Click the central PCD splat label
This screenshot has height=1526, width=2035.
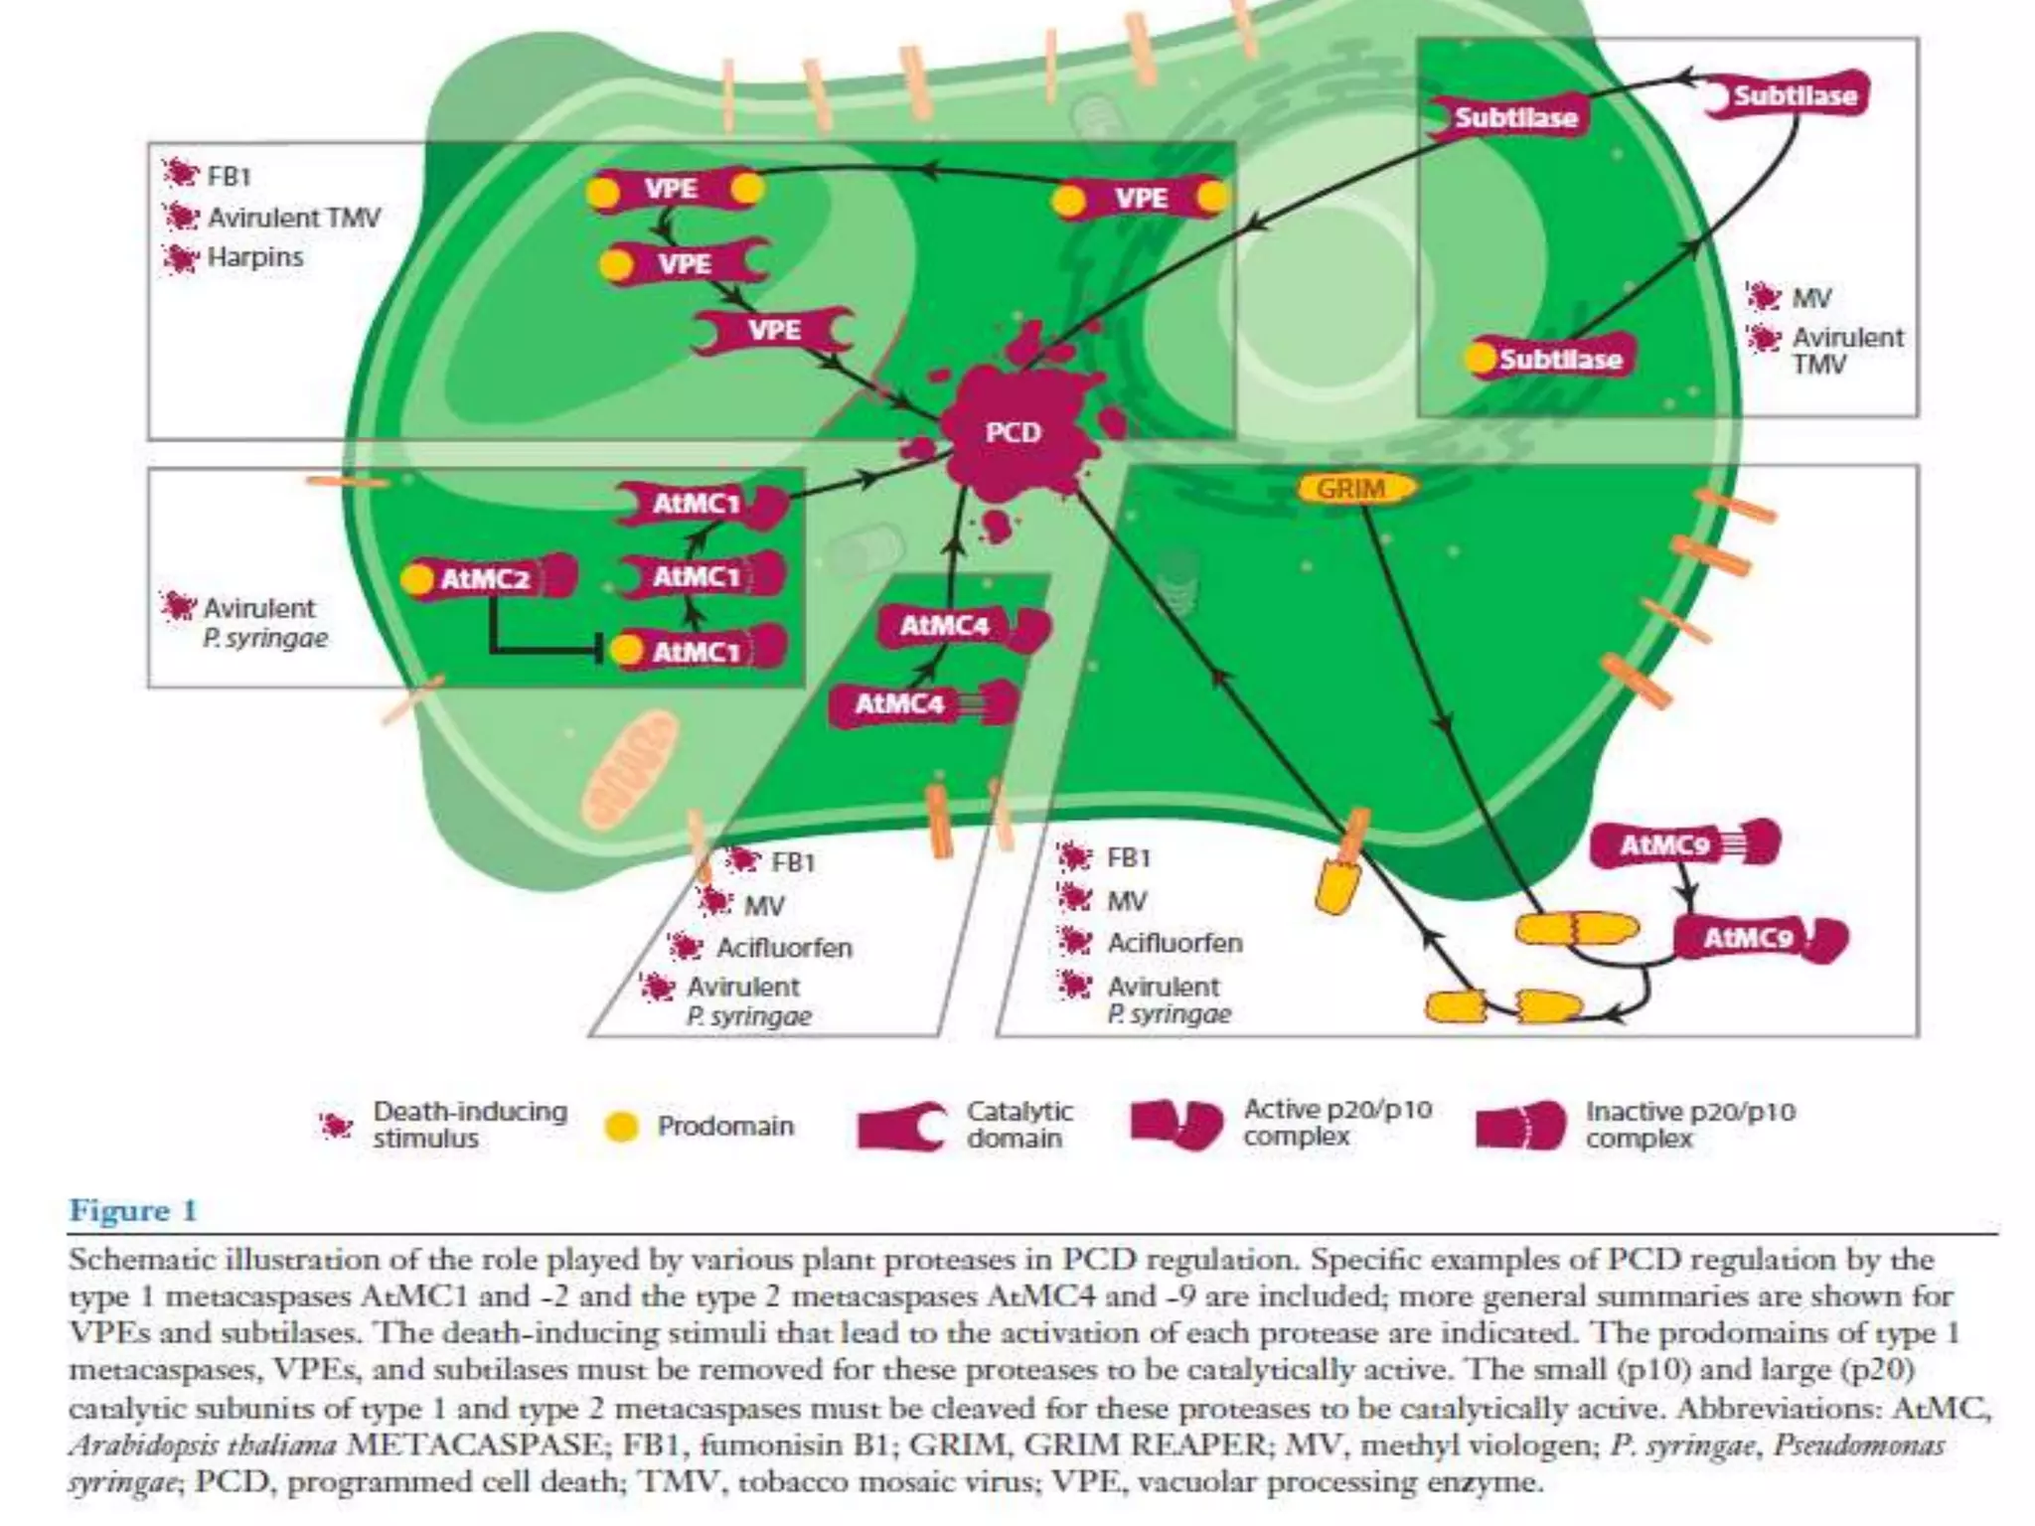1013,432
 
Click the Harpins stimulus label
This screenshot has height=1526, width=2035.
254,257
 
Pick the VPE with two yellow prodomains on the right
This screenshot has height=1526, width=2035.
1141,199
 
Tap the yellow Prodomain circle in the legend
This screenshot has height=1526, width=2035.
621,1127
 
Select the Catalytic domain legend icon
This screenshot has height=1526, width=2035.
900,1127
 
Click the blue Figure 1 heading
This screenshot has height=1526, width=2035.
133,1211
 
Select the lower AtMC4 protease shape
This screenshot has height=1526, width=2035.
920,704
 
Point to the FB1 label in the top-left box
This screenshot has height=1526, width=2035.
228,177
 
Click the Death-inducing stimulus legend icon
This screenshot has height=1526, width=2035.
336,1126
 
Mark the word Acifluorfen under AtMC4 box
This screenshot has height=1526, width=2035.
784,948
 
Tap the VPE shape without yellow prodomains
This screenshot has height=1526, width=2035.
773,330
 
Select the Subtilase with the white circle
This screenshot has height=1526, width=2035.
1785,96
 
